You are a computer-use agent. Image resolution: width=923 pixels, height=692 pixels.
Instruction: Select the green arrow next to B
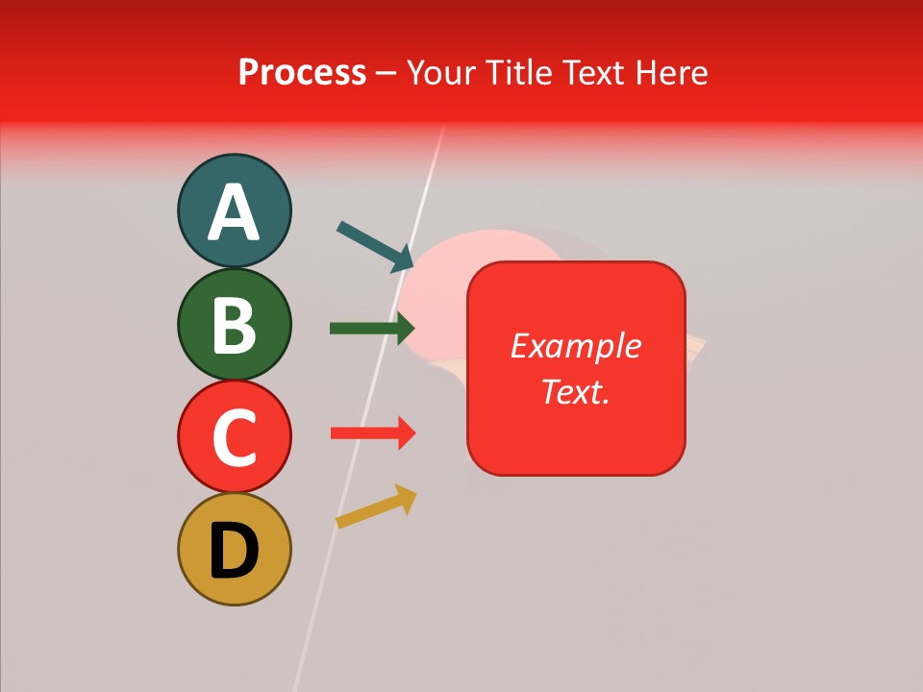click(x=371, y=328)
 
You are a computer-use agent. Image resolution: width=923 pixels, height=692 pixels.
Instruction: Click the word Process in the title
click(x=302, y=72)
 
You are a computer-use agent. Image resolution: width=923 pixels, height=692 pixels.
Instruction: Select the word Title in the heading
click(x=517, y=72)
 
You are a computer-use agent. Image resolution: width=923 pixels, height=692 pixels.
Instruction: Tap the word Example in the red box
click(x=576, y=346)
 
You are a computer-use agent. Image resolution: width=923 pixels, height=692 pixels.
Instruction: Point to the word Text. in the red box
click(x=576, y=392)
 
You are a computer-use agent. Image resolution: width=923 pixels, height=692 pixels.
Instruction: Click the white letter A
click(x=234, y=213)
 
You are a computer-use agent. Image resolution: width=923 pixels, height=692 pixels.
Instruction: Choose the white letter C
click(x=234, y=437)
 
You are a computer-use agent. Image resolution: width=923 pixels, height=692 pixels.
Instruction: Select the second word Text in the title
click(x=592, y=72)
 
